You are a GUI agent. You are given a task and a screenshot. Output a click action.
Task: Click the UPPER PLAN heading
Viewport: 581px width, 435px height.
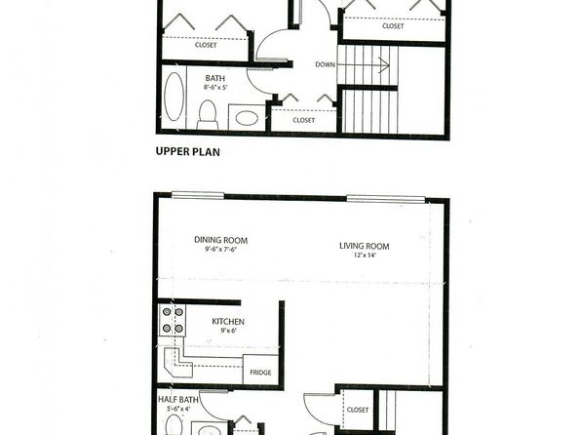[187, 152]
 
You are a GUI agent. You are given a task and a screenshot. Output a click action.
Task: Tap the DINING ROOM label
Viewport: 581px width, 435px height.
[221, 240]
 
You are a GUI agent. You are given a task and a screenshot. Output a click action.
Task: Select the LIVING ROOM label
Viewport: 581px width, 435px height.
[365, 246]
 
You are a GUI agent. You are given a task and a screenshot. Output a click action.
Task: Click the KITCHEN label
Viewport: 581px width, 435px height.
[228, 321]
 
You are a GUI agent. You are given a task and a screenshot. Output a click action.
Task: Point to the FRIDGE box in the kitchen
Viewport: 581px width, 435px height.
[260, 370]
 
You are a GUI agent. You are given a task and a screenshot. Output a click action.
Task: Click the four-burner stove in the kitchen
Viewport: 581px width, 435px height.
[173, 321]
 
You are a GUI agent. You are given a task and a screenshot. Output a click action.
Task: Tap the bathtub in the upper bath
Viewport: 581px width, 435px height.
[174, 97]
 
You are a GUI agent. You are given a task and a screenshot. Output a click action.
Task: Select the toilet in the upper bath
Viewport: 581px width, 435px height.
[208, 114]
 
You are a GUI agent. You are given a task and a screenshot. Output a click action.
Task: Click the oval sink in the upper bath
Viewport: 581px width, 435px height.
[248, 119]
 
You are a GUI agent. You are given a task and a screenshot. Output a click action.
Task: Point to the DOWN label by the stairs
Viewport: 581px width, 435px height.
[325, 64]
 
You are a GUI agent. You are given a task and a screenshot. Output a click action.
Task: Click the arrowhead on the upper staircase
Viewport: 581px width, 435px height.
[385, 65]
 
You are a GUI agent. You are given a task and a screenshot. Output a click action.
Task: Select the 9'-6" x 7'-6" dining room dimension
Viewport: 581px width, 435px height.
[220, 250]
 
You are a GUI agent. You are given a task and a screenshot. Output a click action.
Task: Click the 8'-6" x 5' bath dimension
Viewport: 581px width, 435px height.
[215, 88]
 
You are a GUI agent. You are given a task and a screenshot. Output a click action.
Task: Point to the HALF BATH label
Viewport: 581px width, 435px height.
[178, 399]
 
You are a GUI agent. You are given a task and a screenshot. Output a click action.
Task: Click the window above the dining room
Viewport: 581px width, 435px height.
[198, 195]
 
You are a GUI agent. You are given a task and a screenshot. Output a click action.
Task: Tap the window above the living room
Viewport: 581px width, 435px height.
[386, 199]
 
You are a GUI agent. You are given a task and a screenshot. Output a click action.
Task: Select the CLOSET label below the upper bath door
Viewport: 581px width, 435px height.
[304, 120]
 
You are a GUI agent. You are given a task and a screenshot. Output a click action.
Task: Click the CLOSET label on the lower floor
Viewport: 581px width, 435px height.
[358, 410]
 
